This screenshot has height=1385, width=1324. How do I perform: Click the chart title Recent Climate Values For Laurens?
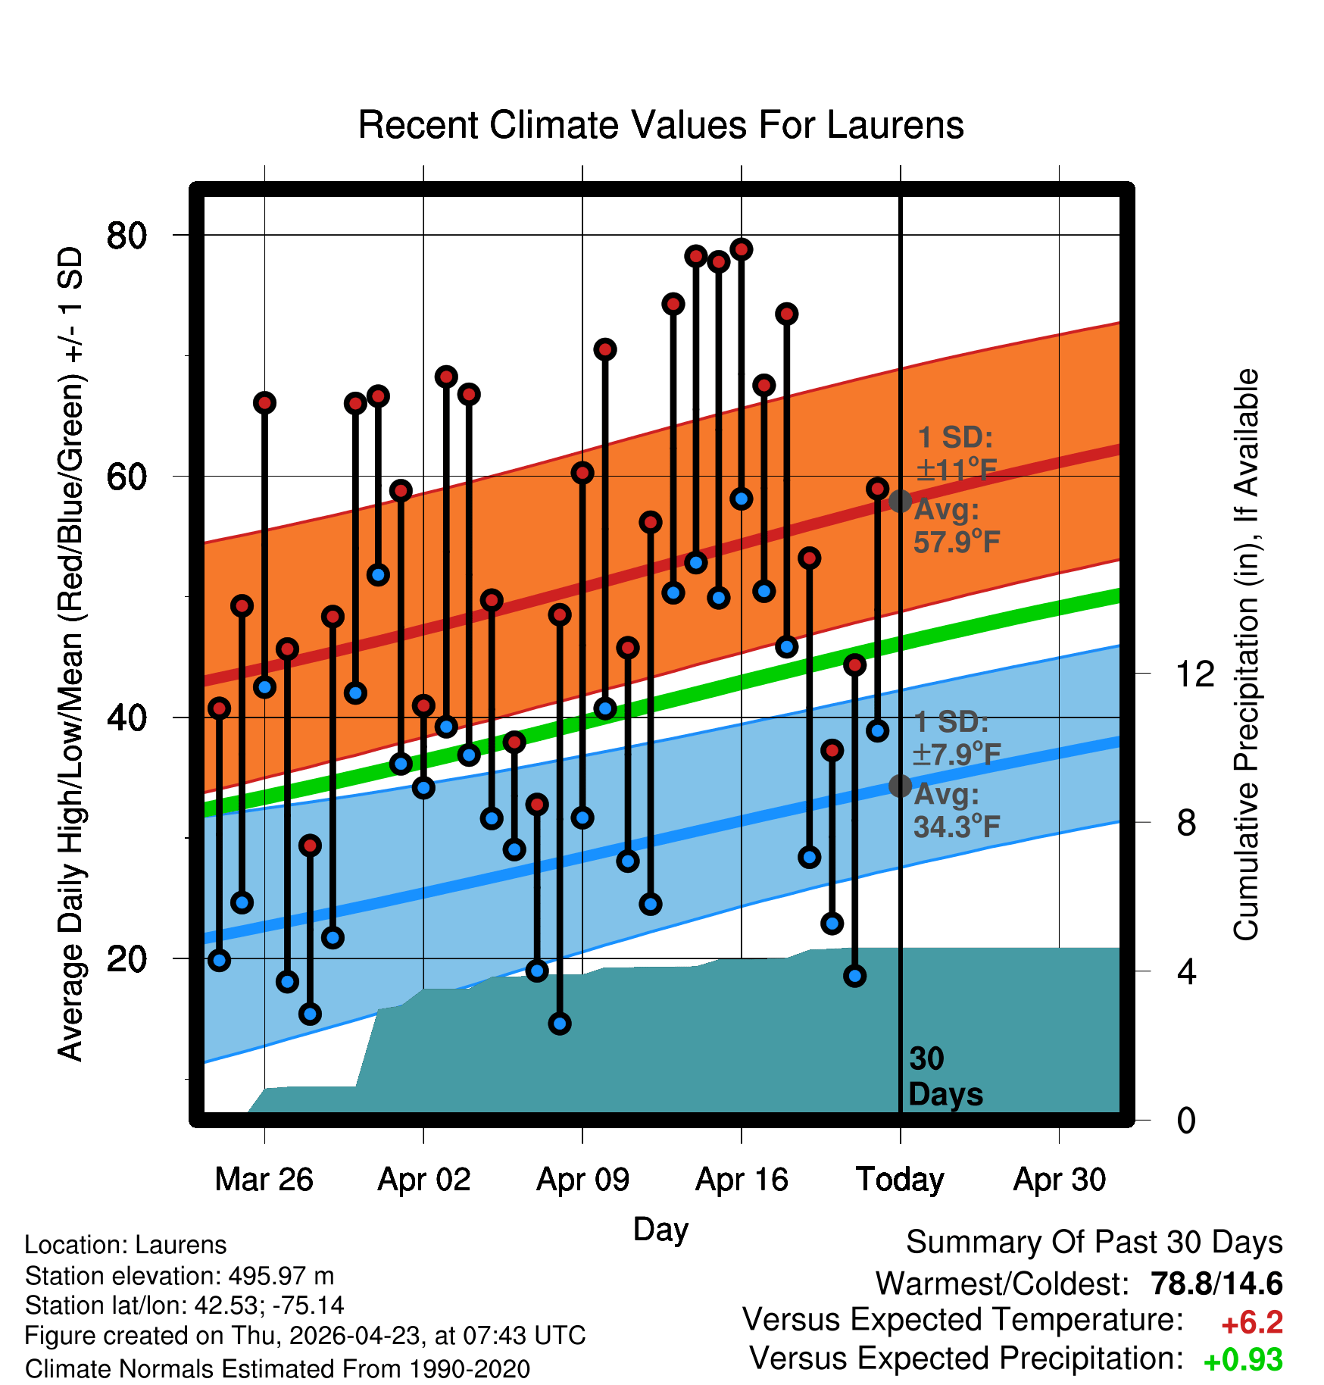[660, 125]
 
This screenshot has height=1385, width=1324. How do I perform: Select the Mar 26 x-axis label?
[264, 1180]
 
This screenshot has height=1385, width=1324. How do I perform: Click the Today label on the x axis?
[900, 1180]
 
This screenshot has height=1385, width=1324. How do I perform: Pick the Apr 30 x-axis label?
[1060, 1180]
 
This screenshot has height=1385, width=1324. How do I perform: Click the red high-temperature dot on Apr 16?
[742, 249]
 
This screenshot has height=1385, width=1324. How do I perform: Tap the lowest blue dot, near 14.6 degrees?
[560, 1024]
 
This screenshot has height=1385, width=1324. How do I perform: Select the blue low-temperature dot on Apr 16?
[742, 499]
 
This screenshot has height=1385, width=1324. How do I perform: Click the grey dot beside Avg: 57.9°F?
[900, 501]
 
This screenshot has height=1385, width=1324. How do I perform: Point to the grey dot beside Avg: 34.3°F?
[900, 786]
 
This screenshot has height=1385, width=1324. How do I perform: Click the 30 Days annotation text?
[945, 1077]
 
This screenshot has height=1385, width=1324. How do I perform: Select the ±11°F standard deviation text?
[957, 471]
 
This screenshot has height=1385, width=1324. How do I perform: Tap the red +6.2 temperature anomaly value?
[1252, 1323]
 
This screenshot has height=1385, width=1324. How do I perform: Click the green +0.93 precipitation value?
[1243, 1361]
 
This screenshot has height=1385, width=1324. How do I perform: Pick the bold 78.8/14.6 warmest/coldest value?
[1216, 1283]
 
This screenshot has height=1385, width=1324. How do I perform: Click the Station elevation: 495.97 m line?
[180, 1276]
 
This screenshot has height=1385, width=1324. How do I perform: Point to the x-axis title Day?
[660, 1229]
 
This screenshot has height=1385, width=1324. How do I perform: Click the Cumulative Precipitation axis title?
[1246, 655]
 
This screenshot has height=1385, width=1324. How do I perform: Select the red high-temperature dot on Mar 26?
[264, 402]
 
